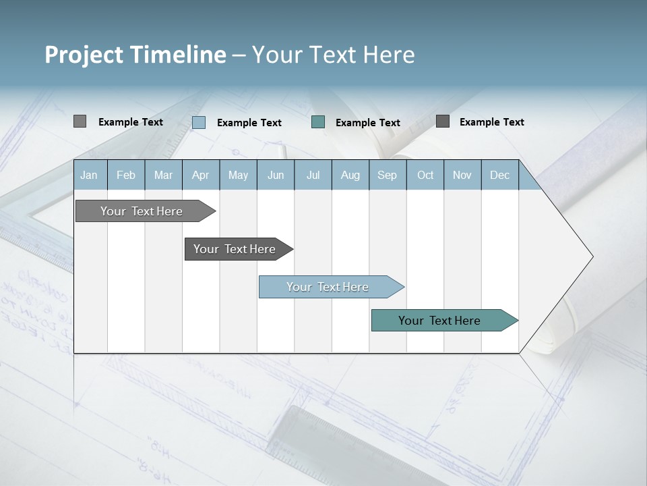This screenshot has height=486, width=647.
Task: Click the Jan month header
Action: coord(89,175)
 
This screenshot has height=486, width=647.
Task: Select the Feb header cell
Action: coord(126,175)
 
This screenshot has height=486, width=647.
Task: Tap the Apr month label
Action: coord(200,175)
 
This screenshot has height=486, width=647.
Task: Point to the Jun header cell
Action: coord(276,175)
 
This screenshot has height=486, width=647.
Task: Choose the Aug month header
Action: coord(350,175)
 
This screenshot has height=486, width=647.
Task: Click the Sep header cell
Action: coord(387,175)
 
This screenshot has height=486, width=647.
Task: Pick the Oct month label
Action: coord(425,175)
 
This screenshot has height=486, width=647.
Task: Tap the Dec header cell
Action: coord(499,175)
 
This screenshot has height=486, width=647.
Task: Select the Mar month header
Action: coord(163,175)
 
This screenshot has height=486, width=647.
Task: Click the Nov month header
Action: coord(462,175)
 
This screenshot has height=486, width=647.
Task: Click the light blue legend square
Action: coord(199,122)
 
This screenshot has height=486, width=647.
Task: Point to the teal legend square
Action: coord(318,122)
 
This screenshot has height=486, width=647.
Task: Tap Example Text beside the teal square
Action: coord(367,123)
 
